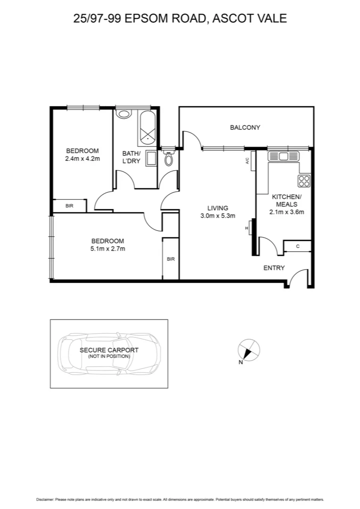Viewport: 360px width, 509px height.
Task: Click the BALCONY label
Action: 245,127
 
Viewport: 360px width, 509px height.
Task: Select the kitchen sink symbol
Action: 283,156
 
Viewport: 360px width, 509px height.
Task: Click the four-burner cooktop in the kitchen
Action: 304,181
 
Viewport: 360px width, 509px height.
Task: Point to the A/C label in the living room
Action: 247,161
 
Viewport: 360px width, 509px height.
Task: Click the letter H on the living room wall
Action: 246,229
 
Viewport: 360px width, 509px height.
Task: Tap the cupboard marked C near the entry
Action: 297,246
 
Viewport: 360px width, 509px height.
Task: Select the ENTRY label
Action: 274,268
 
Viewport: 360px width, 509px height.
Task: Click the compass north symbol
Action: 248,350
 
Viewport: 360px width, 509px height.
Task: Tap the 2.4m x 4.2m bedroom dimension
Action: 82,159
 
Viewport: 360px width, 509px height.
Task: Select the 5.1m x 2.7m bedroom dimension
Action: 108,248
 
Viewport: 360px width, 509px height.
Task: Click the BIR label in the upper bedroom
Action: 69,206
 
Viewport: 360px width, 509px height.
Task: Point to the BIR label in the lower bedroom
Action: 171,259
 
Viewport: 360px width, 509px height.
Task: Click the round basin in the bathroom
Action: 124,114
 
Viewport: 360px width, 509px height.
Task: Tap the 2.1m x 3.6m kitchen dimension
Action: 286,212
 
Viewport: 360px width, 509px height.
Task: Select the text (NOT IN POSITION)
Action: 109,356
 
